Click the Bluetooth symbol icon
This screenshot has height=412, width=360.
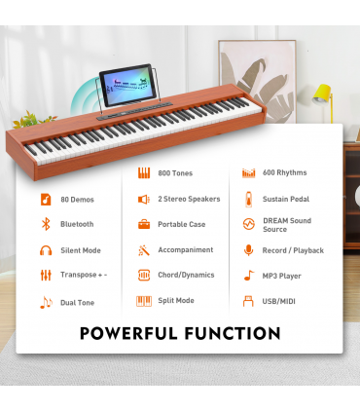45,224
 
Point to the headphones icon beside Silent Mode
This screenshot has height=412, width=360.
45,250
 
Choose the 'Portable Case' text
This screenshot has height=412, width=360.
181,224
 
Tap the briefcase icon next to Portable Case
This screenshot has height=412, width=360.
143,224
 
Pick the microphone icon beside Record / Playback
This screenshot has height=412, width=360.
248,250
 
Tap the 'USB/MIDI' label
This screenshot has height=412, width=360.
279,301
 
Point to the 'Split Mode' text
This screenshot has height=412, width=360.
176,301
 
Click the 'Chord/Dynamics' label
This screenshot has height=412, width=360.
186,276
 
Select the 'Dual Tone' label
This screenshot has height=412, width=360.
77,302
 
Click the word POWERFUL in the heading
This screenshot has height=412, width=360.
132,334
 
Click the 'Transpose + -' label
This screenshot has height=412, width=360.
85,276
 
